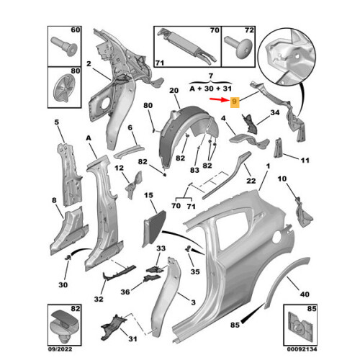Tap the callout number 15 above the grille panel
pyautogui.click(x=150, y=196)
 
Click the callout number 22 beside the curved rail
pyautogui.click(x=251, y=180)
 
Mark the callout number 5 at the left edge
pyautogui.click(x=57, y=123)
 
